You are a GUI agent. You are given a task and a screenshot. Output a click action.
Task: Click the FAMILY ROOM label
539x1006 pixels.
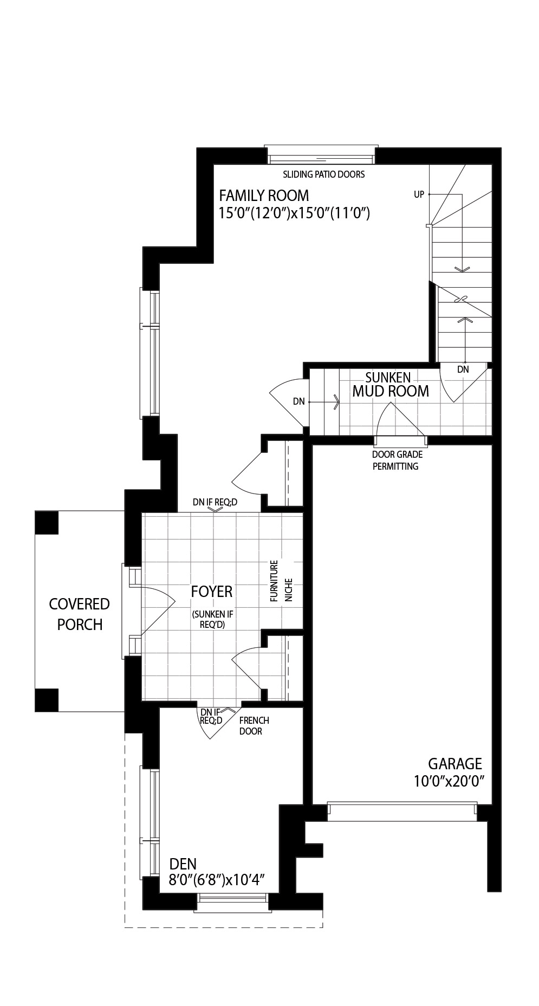[x=264, y=195]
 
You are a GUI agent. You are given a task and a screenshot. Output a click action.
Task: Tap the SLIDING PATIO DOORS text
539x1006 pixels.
[x=324, y=174]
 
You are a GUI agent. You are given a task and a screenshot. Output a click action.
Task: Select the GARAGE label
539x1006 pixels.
[x=455, y=764]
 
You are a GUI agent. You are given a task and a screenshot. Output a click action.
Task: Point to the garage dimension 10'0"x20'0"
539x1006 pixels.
[x=449, y=781]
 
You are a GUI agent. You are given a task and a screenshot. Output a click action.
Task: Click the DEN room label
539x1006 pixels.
[x=183, y=864]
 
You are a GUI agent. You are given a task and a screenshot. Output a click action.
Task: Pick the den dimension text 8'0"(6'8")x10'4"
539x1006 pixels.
[x=216, y=880]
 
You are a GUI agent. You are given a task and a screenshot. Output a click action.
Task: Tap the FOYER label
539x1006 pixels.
[x=212, y=592]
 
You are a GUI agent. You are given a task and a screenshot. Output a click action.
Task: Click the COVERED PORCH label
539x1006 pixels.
[x=80, y=614]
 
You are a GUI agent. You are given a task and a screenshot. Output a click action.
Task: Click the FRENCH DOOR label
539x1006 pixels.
[x=254, y=726]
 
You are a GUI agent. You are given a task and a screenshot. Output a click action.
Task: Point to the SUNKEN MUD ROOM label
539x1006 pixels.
[x=391, y=384]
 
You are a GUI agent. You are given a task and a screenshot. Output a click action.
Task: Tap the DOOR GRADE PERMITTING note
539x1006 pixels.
[x=397, y=460]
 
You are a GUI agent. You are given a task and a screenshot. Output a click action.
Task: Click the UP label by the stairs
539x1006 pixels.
[x=419, y=194]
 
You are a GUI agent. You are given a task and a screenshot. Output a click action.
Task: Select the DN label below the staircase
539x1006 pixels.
[x=463, y=369]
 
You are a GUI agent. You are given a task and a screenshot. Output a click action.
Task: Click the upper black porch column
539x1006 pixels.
[x=47, y=522]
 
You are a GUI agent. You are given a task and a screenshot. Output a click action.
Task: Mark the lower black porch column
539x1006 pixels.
[x=47, y=700]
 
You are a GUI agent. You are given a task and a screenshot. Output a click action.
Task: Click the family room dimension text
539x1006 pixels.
[x=294, y=213]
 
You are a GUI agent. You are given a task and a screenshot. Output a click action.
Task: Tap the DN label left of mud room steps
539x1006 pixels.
[x=299, y=401]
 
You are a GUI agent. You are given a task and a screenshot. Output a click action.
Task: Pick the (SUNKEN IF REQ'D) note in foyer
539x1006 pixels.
[x=212, y=619]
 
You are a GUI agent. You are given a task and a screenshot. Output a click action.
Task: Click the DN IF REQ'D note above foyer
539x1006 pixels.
[x=215, y=502]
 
